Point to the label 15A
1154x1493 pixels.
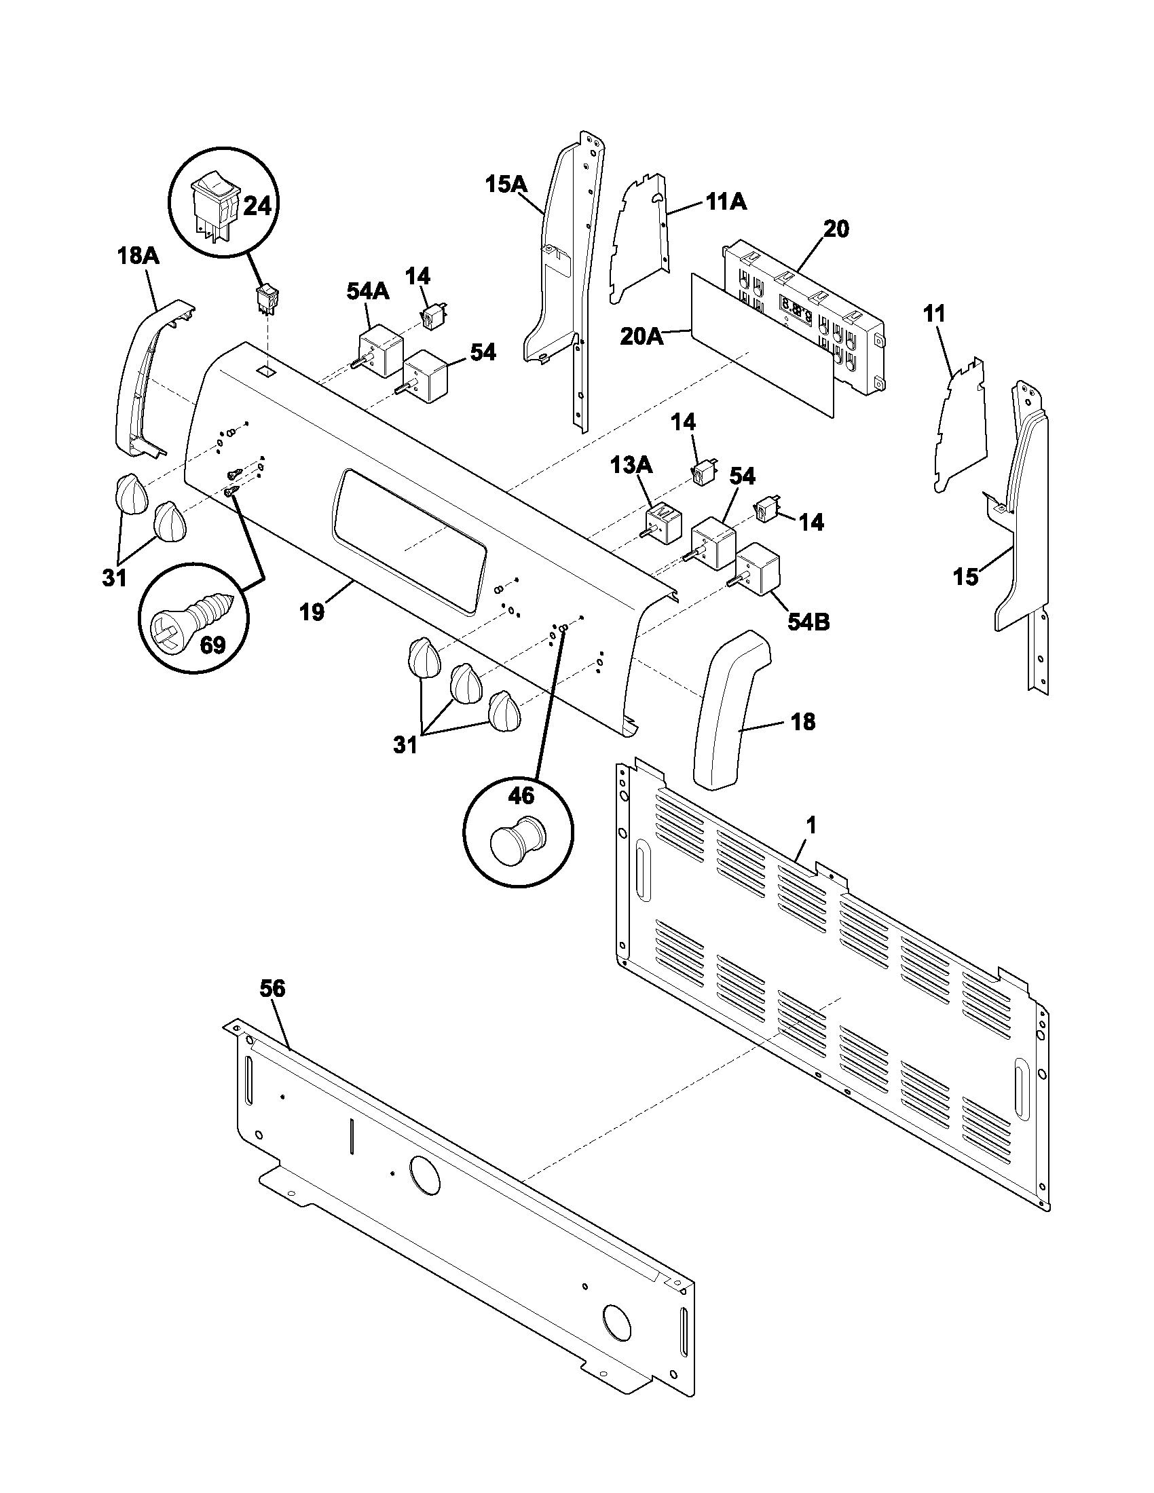click(506, 185)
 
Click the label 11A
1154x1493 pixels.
click(726, 202)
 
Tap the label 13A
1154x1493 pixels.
click(631, 466)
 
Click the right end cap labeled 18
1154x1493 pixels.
click(728, 711)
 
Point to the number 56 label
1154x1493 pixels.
click(272, 989)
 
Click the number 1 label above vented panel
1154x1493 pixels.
click(811, 826)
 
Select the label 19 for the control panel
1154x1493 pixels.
click(312, 613)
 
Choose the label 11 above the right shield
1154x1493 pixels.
click(934, 314)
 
